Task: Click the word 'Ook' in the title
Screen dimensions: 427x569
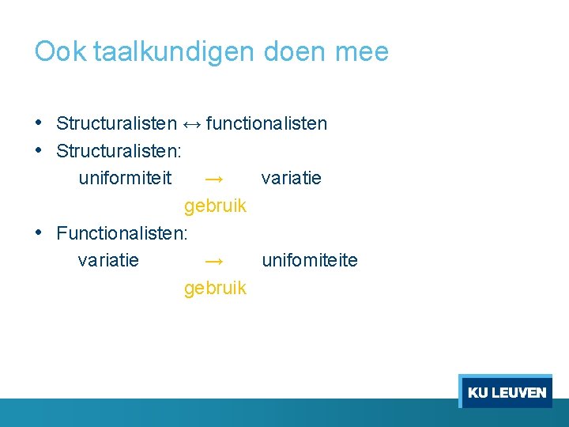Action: point(61,52)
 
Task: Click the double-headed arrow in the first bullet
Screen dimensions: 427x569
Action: point(191,124)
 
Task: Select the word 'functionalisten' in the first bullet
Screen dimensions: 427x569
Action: point(266,123)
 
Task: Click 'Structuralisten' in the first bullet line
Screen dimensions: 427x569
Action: point(116,123)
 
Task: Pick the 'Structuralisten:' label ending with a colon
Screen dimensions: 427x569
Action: point(119,150)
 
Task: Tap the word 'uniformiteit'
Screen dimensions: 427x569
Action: point(125,178)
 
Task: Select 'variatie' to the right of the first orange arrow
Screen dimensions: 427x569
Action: point(291,178)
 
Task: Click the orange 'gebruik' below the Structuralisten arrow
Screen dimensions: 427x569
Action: point(215,206)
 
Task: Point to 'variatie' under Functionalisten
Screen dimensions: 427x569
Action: point(108,260)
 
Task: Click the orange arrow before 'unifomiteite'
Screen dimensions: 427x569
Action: point(213,261)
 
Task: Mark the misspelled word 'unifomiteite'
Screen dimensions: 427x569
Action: point(309,260)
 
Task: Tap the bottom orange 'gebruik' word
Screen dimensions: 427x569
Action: point(215,288)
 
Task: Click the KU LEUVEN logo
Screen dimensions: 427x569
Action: point(506,391)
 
